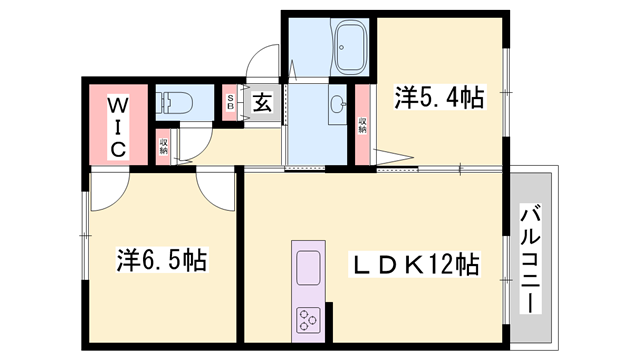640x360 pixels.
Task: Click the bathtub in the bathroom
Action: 351,46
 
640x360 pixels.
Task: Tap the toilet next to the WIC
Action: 172,102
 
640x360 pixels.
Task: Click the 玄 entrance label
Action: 260,103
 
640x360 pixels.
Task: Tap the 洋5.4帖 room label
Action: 439,98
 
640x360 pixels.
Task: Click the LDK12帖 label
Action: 415,265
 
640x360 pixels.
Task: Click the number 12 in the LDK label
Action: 447,265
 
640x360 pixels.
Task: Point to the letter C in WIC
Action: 117,150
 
